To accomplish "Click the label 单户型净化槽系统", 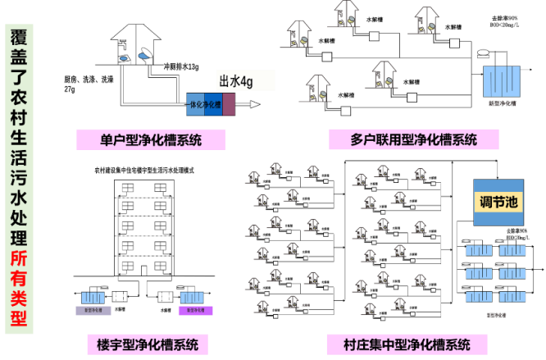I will pos(150,139).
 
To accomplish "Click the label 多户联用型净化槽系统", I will pos(413,139).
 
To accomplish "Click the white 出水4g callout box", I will pos(245,80).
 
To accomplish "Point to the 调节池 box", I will pos(498,202).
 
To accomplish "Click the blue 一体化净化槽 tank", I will pos(204,105).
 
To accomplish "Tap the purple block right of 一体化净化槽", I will pos(229,105).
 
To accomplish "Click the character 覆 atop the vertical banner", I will pos(19,36).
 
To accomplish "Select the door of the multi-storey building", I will pos(143,270).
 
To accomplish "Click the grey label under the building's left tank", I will pos(93,311).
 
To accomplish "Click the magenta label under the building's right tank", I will pos(195,311).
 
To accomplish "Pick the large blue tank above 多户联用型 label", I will pos(501,82).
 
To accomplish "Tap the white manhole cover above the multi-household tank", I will pos(483,53).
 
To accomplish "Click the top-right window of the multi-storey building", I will pos(161,189).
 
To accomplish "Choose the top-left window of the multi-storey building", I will pos(127,189).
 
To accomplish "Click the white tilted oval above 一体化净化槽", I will pos(146,53).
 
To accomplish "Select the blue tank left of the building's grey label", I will pos(93,297).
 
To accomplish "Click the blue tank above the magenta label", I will pos(192,297).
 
